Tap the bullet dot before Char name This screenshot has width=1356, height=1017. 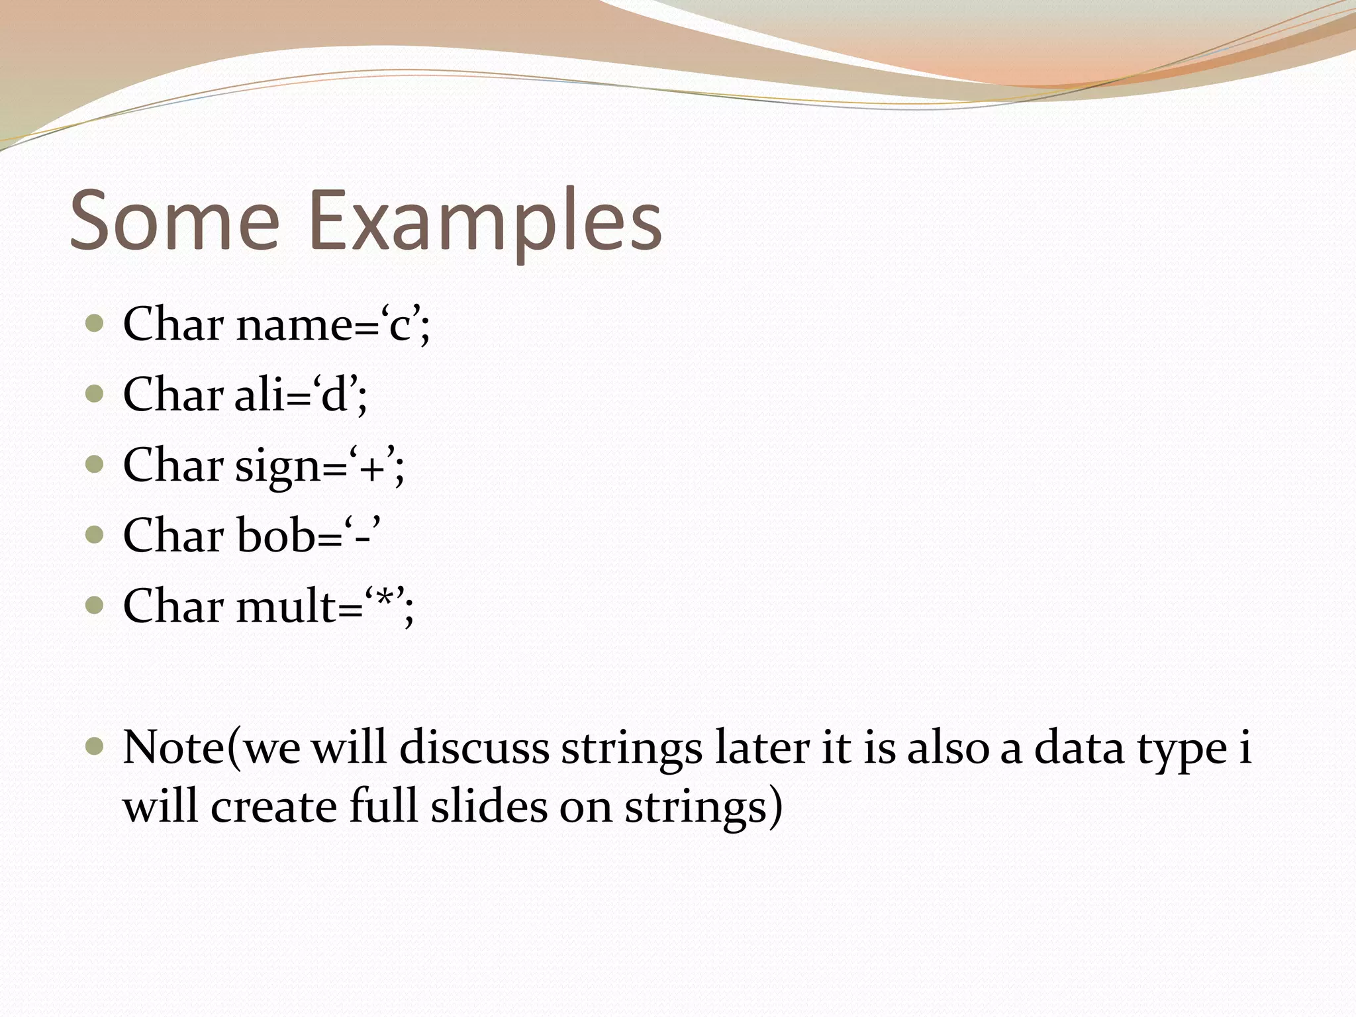(95, 324)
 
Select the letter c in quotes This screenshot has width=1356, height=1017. (401, 326)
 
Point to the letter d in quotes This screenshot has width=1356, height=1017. (334, 395)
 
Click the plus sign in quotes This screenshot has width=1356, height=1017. (373, 467)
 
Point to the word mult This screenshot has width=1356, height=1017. (285, 606)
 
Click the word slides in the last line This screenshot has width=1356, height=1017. (489, 807)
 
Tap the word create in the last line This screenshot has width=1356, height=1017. (273, 807)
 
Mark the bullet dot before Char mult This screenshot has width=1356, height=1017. (95, 605)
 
